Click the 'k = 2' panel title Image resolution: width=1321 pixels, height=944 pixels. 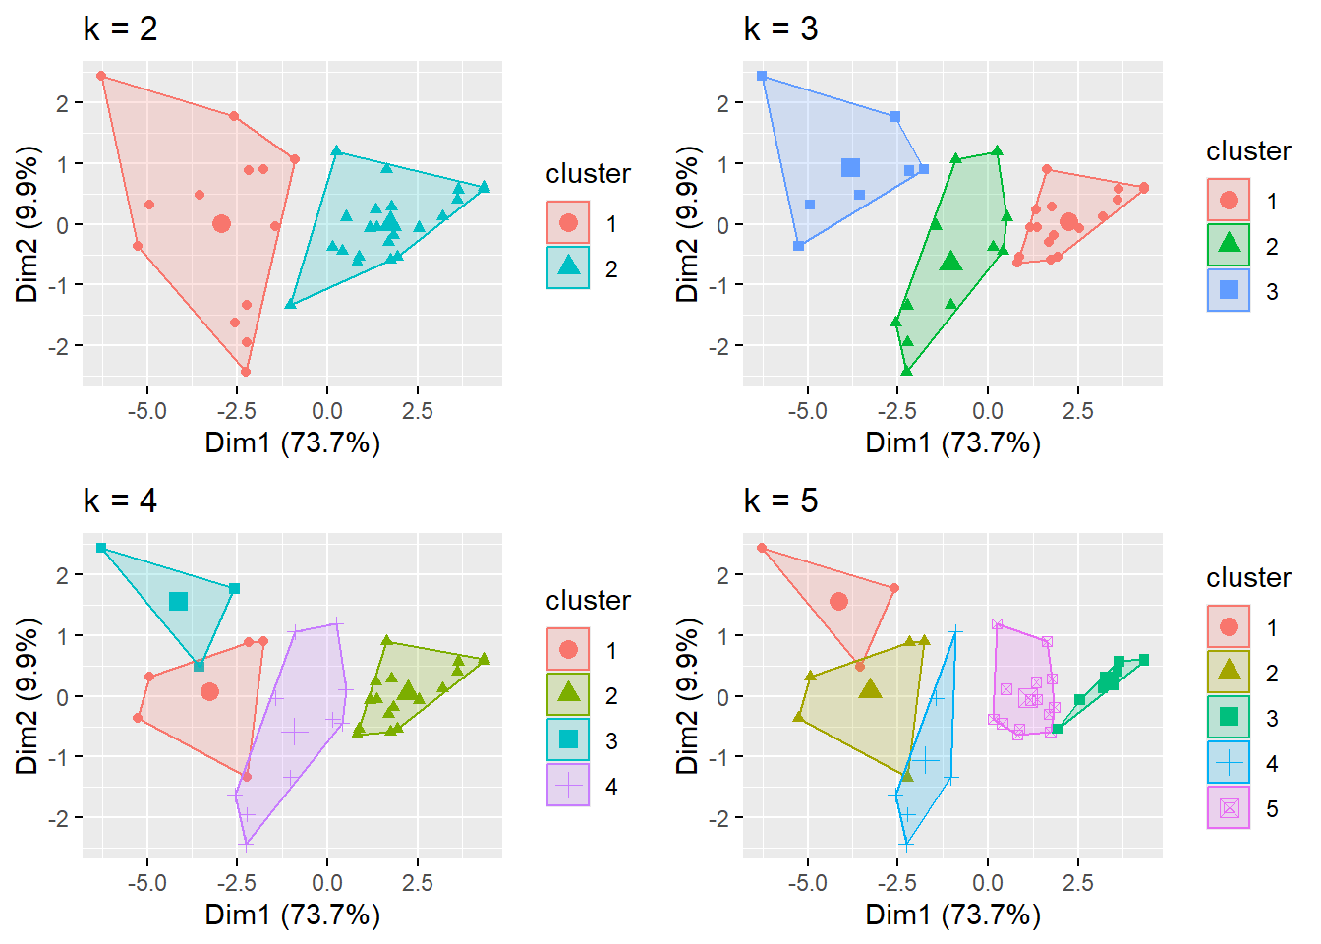pos(120,29)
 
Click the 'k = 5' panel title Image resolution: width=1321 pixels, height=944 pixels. pos(780,501)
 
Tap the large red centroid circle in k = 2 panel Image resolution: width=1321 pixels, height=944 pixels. pos(221,224)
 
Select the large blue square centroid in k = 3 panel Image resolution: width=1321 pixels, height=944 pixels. pos(851,168)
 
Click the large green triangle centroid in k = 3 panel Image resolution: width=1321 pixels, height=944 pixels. pos(949,262)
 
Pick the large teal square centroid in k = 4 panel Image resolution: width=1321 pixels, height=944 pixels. pos(178,601)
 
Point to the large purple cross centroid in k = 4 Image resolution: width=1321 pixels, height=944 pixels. pos(295,732)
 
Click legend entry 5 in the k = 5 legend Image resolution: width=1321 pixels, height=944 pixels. pos(1229,808)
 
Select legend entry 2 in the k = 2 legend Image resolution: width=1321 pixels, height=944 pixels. pos(568,267)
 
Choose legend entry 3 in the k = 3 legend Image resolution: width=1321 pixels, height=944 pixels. pos(1229,290)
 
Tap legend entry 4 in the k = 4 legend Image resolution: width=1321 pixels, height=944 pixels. pos(568,786)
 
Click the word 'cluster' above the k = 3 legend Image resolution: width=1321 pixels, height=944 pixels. pos(1248,151)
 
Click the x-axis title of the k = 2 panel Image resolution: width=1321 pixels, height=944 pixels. pos(292,442)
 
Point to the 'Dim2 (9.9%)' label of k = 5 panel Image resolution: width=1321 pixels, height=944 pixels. pos(688,696)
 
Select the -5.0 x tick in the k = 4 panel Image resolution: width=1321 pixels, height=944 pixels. pos(146,883)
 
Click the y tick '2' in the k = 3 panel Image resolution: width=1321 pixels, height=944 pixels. pos(723,103)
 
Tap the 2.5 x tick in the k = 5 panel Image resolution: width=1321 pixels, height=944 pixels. pos(1077,883)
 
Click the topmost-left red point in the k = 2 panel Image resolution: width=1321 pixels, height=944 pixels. pos(101,76)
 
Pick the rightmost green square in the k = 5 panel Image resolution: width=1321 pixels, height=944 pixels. pos(1143,660)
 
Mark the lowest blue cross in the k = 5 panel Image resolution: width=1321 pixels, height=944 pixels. pos(906,844)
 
